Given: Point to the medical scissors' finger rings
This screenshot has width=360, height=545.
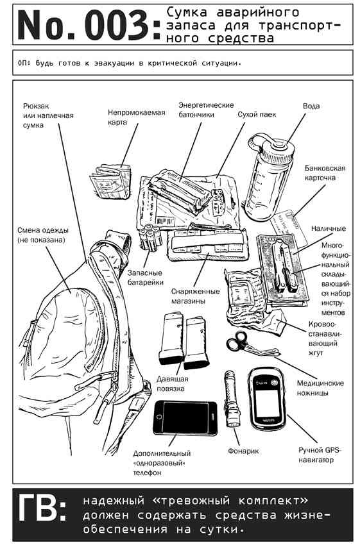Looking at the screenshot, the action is pyautogui.click(x=236, y=340).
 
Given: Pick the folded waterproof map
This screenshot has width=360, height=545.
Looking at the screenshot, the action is pyautogui.click(x=110, y=181).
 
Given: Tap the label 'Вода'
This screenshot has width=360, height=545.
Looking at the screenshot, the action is pyautogui.click(x=311, y=106).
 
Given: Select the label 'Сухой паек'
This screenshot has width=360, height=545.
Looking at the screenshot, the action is pyautogui.click(x=257, y=114).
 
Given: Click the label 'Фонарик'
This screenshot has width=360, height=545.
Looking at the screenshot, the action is pyautogui.click(x=243, y=451).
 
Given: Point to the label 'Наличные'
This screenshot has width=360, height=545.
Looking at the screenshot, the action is pyautogui.click(x=329, y=228).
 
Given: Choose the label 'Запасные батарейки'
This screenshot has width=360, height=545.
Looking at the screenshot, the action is pyautogui.click(x=145, y=278).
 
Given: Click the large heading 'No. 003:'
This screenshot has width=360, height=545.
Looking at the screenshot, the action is pyautogui.click(x=89, y=25).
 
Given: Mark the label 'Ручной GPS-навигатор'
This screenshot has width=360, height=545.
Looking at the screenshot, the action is pyautogui.click(x=320, y=455).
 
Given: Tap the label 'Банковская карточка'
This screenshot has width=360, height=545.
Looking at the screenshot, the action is pyautogui.click(x=325, y=172).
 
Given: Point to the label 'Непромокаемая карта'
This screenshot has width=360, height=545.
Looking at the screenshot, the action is pyautogui.click(x=136, y=117).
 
